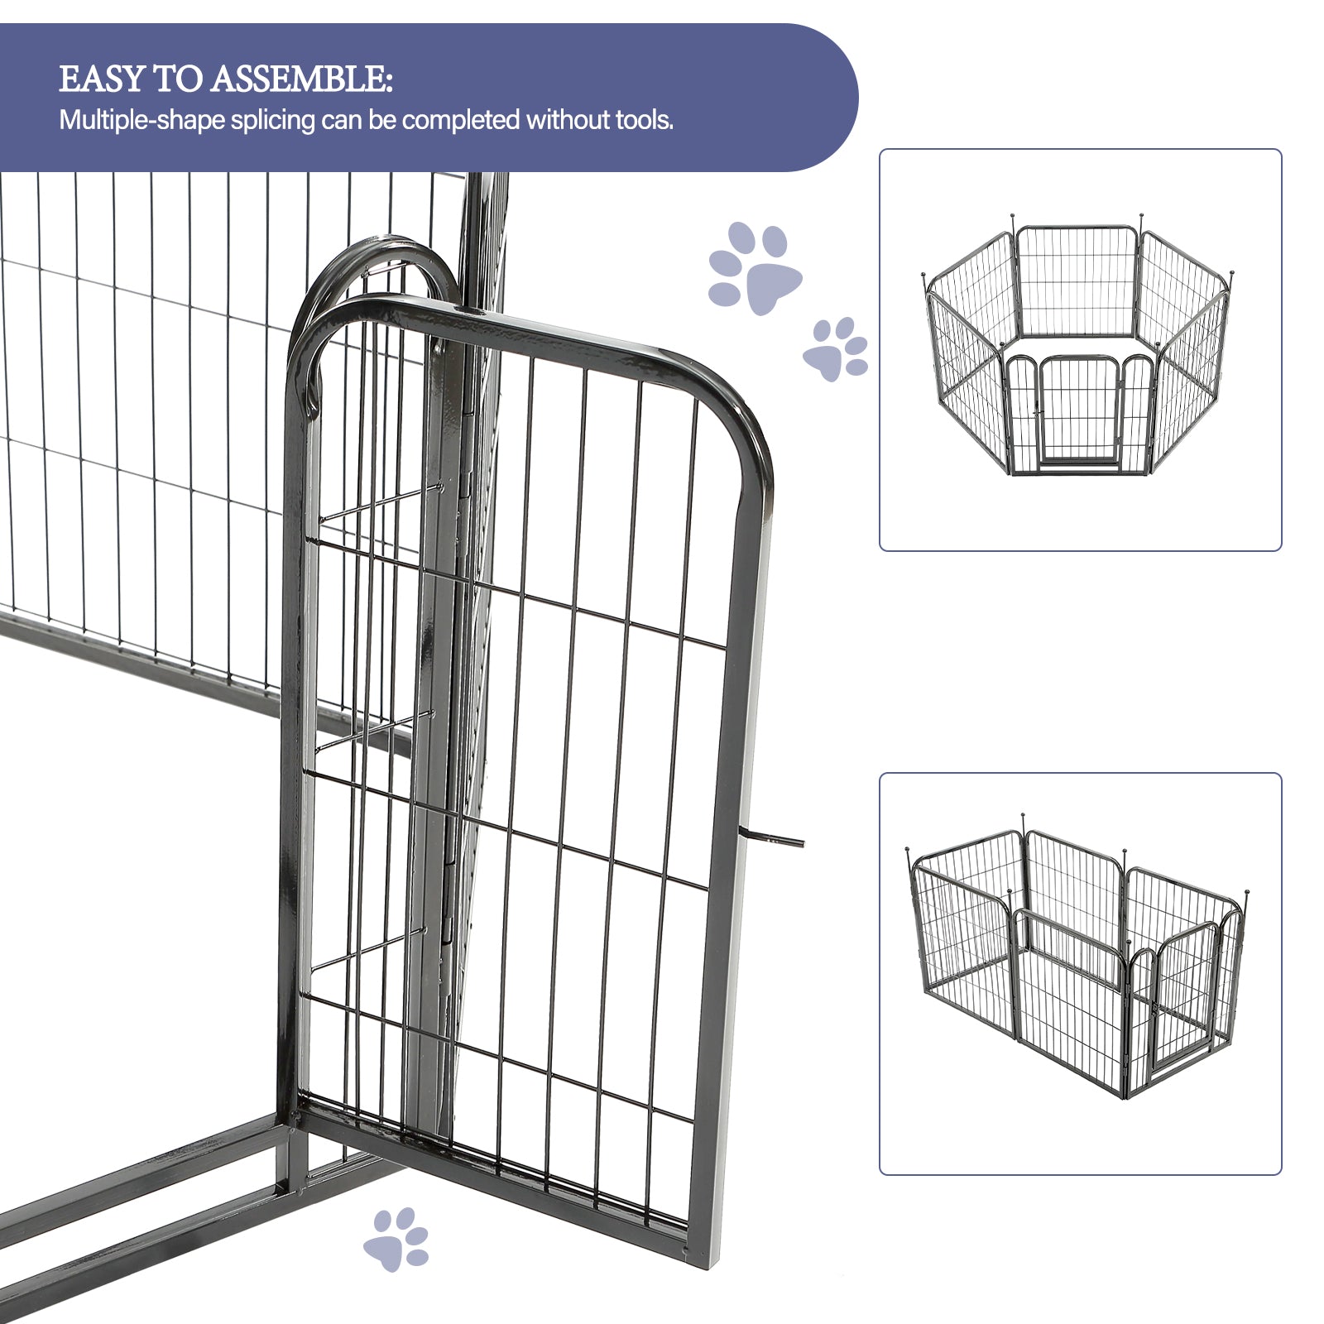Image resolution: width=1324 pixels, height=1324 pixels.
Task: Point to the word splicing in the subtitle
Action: coord(273,122)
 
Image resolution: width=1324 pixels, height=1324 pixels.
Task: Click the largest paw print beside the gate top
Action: coord(755,266)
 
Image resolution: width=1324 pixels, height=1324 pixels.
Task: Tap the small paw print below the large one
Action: coord(836,349)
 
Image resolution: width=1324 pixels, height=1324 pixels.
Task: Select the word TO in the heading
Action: coord(178,79)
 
